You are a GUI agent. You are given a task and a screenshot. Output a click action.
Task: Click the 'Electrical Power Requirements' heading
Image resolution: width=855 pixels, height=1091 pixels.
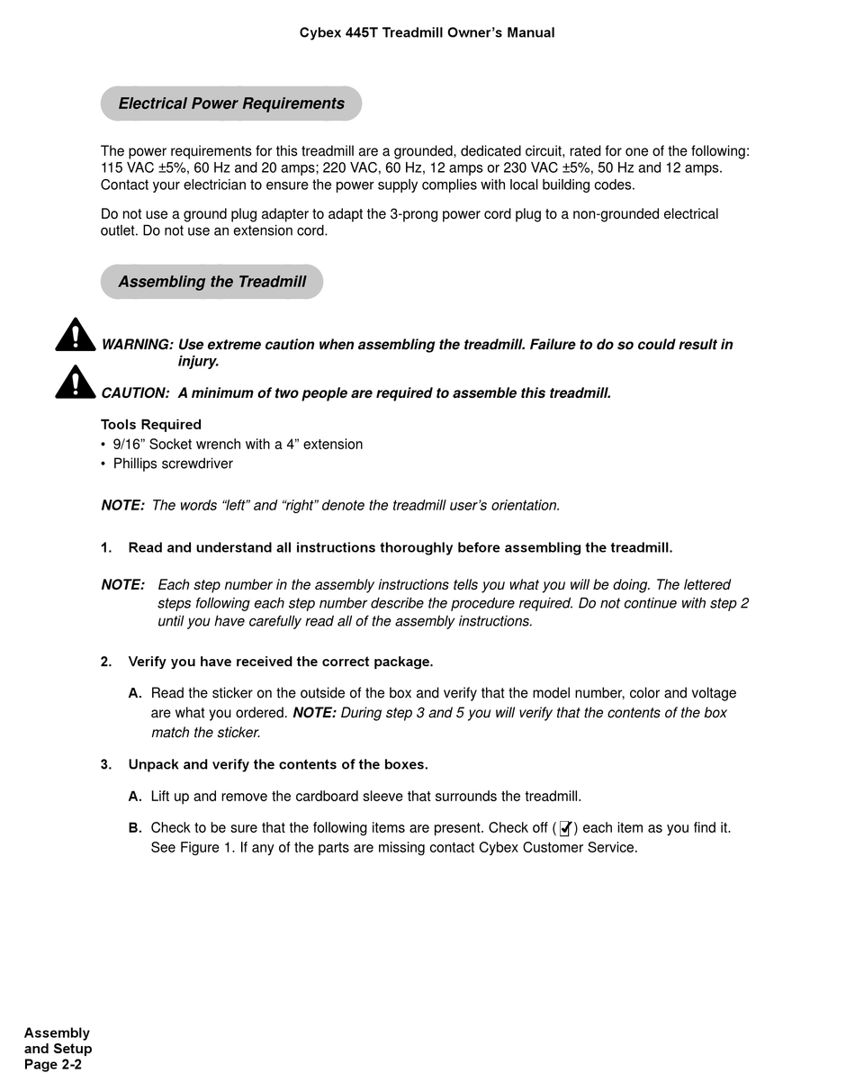(231, 104)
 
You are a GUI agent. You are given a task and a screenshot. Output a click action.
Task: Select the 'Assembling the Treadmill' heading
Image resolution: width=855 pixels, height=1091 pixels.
(212, 282)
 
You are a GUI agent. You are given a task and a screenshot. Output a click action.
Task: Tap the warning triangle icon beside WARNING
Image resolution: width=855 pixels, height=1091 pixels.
(76, 335)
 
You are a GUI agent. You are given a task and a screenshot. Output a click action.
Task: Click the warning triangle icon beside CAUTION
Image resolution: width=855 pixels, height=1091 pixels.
(76, 383)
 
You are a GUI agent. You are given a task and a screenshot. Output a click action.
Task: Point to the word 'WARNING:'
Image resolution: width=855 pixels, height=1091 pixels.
(137, 345)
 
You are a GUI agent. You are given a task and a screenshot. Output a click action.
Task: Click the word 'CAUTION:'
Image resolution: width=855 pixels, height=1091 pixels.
(135, 393)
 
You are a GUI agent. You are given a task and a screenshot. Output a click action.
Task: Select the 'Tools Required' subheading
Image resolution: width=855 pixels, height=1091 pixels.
(151, 425)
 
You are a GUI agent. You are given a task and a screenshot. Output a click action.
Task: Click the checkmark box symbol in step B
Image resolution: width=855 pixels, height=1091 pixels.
(565, 828)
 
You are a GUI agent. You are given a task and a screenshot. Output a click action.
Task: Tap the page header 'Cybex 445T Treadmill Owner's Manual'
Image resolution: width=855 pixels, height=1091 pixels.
(427, 32)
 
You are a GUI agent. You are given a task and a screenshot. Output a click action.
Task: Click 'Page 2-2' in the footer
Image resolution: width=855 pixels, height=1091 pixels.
(53, 1065)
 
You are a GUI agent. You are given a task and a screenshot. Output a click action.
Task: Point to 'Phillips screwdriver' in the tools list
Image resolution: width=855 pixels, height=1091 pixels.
(173, 464)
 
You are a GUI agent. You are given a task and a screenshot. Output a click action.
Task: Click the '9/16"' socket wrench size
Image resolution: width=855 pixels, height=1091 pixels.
(130, 445)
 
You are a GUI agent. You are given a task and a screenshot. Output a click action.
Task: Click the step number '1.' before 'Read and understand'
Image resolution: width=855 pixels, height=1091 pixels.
(106, 548)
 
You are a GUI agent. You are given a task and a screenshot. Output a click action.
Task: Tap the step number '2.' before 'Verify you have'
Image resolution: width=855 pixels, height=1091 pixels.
(106, 662)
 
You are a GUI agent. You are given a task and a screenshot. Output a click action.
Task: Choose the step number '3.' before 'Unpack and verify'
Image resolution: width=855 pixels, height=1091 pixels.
(106, 765)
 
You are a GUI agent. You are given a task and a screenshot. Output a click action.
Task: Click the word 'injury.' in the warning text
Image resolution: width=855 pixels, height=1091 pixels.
(199, 362)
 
